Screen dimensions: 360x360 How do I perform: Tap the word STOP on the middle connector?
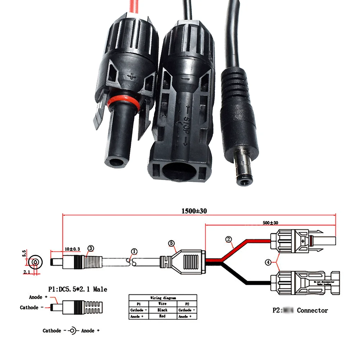tap(186, 123)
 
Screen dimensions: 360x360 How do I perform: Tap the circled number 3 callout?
tap(91, 248)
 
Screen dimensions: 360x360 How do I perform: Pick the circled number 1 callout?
tap(134, 252)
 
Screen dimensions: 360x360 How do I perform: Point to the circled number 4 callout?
tap(268, 262)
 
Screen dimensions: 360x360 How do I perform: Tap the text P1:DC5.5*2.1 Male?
tap(77, 289)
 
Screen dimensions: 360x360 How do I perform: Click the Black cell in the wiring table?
tap(162, 310)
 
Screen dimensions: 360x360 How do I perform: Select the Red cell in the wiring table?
tap(162, 316)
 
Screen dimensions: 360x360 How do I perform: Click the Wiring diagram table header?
tap(163, 298)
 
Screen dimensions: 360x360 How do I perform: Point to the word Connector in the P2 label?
tap(312, 310)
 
